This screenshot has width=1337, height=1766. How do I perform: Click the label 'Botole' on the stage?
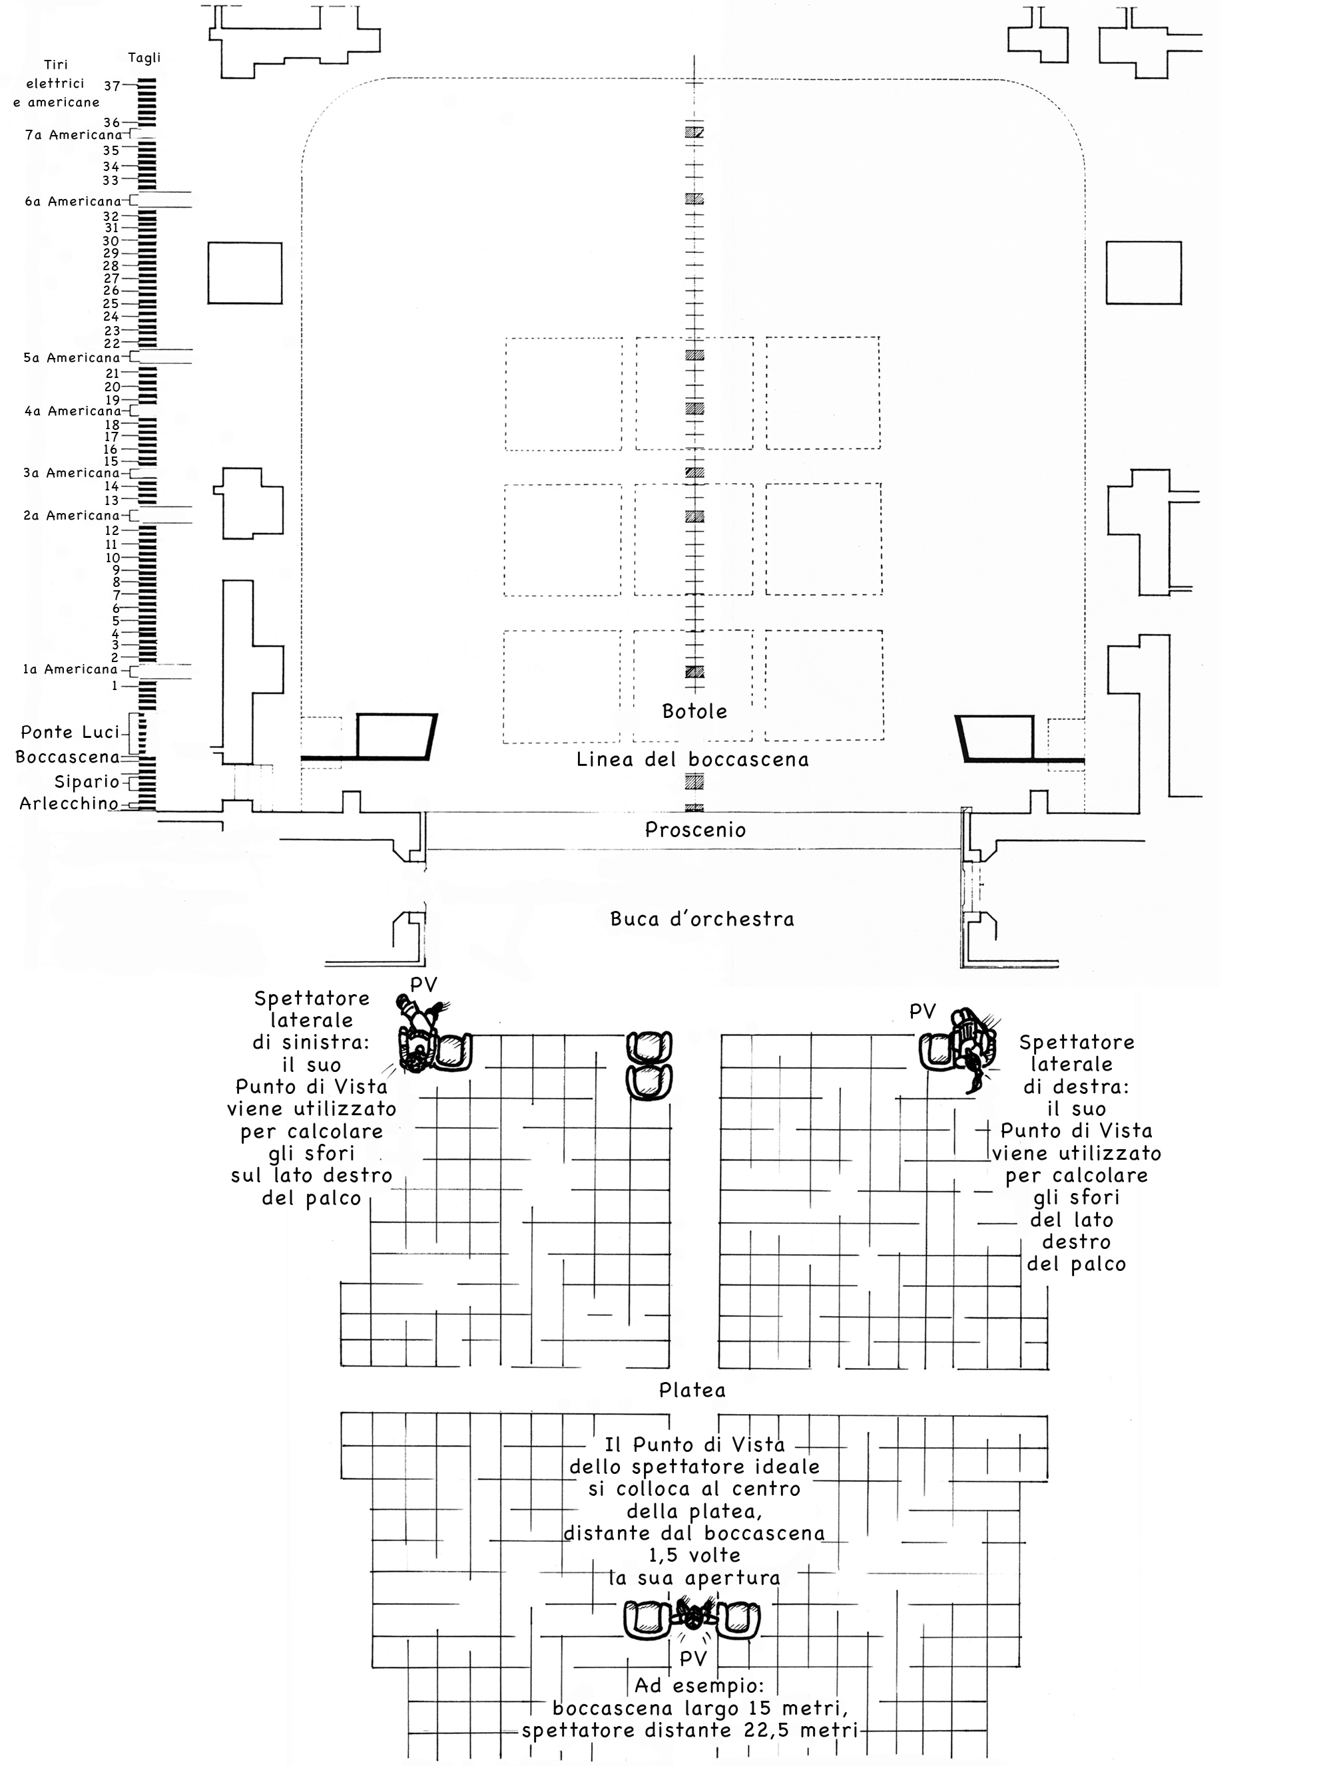[x=694, y=711]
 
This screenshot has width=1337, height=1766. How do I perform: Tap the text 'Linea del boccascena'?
[x=692, y=759]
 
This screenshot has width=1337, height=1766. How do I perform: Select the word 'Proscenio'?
[x=695, y=830]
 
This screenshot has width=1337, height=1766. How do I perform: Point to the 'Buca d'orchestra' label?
[x=702, y=919]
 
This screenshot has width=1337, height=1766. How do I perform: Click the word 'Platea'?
[x=692, y=1390]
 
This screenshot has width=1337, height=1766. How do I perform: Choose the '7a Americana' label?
[x=73, y=135]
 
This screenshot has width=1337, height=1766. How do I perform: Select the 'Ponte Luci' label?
[x=69, y=732]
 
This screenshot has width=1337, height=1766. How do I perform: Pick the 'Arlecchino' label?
[x=69, y=804]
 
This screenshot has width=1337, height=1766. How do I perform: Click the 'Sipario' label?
[x=87, y=782]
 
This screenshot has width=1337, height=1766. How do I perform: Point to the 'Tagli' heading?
[x=144, y=57]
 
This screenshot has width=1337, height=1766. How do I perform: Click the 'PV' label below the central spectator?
[x=692, y=1659]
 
